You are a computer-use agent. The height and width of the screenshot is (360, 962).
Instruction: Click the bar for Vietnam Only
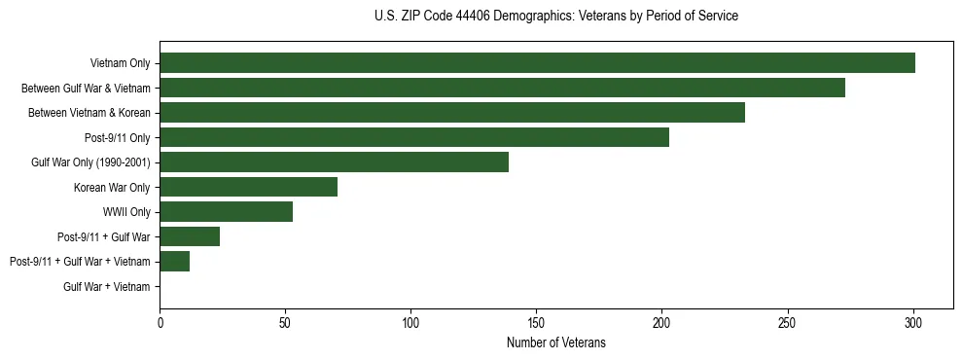tap(537, 63)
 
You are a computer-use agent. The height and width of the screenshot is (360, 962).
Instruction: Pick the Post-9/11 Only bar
tap(414, 137)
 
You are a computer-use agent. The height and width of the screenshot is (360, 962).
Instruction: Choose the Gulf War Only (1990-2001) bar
tap(334, 162)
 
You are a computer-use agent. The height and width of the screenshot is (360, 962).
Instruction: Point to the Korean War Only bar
tap(248, 187)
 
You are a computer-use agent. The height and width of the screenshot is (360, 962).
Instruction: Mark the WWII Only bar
tap(226, 212)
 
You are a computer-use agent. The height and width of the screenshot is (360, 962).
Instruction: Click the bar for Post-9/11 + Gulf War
tap(190, 236)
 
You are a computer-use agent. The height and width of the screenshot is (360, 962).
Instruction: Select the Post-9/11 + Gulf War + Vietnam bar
tap(174, 262)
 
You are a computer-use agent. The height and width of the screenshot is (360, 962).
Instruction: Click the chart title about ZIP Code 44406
tap(555, 17)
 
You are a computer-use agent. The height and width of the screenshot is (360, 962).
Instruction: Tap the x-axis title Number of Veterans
tap(555, 342)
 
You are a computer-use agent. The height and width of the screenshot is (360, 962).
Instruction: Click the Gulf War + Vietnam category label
tap(107, 287)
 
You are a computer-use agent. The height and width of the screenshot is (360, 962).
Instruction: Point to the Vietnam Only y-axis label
tap(120, 63)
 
